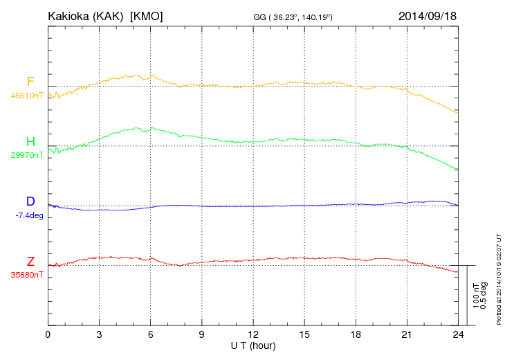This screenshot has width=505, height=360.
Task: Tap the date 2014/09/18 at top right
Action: click(428, 15)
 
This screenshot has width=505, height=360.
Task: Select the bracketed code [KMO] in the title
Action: click(147, 15)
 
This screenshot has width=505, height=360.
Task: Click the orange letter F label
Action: click(30, 82)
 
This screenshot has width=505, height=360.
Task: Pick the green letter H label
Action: click(30, 142)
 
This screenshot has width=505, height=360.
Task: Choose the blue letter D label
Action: click(30, 201)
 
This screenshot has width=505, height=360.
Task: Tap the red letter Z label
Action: click(30, 262)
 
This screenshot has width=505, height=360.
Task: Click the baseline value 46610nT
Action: click(26, 96)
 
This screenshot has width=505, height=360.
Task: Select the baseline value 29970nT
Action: click(26, 156)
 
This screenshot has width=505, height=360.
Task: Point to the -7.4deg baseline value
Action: click(29, 215)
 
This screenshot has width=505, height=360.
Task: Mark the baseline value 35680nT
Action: click(26, 275)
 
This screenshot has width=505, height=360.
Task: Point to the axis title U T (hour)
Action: click(253, 345)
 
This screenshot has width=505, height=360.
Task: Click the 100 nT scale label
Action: click(476, 295)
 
